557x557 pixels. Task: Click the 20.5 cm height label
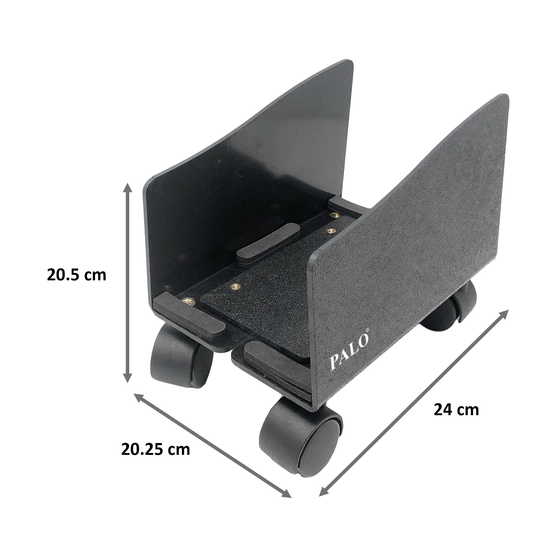[x=76, y=275]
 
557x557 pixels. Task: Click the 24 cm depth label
[x=456, y=410]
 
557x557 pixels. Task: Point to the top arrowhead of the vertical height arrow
[x=127, y=187]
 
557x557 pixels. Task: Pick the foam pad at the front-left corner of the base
[x=189, y=316]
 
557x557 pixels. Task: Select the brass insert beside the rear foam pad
[x=334, y=215]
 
